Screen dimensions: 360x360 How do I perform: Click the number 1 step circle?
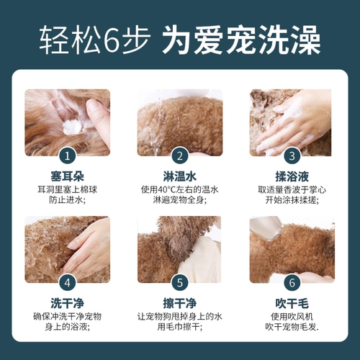tap(68, 155)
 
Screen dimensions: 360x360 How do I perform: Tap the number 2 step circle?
tap(180, 155)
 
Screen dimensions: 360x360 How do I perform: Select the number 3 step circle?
tap(292, 155)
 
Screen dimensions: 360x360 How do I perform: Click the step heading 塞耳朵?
tap(68, 176)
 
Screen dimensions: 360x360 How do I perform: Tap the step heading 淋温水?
tap(180, 176)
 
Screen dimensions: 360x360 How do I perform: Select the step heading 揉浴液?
tap(292, 176)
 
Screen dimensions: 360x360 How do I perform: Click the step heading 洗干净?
tap(68, 303)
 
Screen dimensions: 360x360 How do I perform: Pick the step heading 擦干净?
tap(180, 303)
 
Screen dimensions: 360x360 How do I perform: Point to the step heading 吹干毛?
tap(292, 303)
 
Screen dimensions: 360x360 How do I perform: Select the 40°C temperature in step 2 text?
tap(168, 190)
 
